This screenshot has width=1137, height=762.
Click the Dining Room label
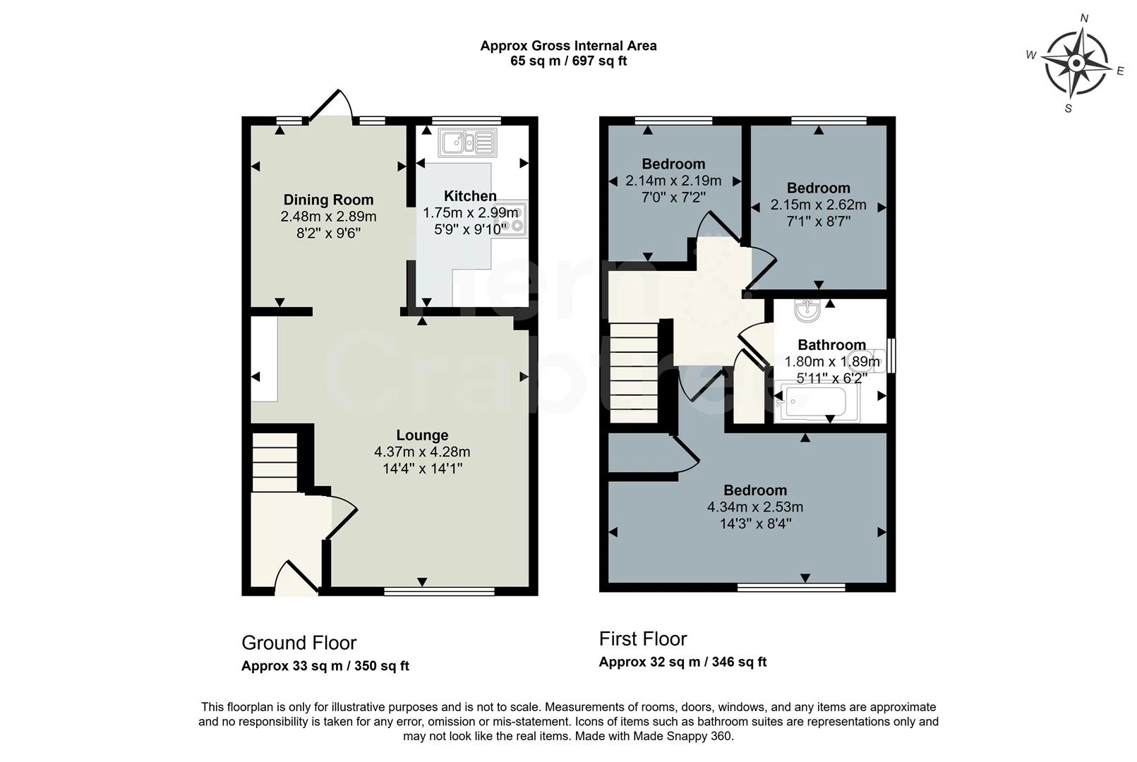(328, 200)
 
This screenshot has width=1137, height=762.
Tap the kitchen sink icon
(467, 143)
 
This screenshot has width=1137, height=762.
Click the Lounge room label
(421, 435)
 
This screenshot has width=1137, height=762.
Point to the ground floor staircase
(275, 462)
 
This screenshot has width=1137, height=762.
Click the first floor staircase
(634, 373)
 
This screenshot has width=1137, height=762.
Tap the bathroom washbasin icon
(806, 309)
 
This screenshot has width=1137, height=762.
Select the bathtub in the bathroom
(816, 401)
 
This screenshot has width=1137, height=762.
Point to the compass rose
(1076, 64)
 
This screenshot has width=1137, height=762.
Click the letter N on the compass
(1085, 18)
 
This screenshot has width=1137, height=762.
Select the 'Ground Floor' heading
(299, 643)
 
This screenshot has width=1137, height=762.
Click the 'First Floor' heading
(642, 639)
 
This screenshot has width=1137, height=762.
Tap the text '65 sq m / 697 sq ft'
(568, 61)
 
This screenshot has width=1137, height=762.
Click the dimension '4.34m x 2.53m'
(754, 507)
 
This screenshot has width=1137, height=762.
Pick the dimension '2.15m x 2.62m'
(818, 205)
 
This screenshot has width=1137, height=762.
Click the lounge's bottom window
(439, 591)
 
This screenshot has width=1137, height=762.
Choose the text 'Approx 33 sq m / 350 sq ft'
(325, 666)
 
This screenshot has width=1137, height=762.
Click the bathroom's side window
(891, 356)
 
